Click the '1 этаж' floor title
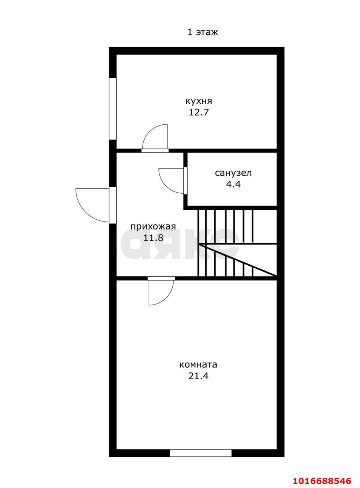coord(202,32)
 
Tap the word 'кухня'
coord(199,101)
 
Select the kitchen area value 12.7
coord(199,112)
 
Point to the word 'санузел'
coord(233,173)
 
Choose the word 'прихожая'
coord(153,226)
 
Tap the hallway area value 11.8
coord(153,238)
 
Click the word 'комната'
coord(198,365)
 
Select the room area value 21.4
coord(198,376)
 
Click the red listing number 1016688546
coord(322,479)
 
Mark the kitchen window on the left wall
coord(112,109)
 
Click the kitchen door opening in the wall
coord(155,151)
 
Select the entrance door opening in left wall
coord(112,205)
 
